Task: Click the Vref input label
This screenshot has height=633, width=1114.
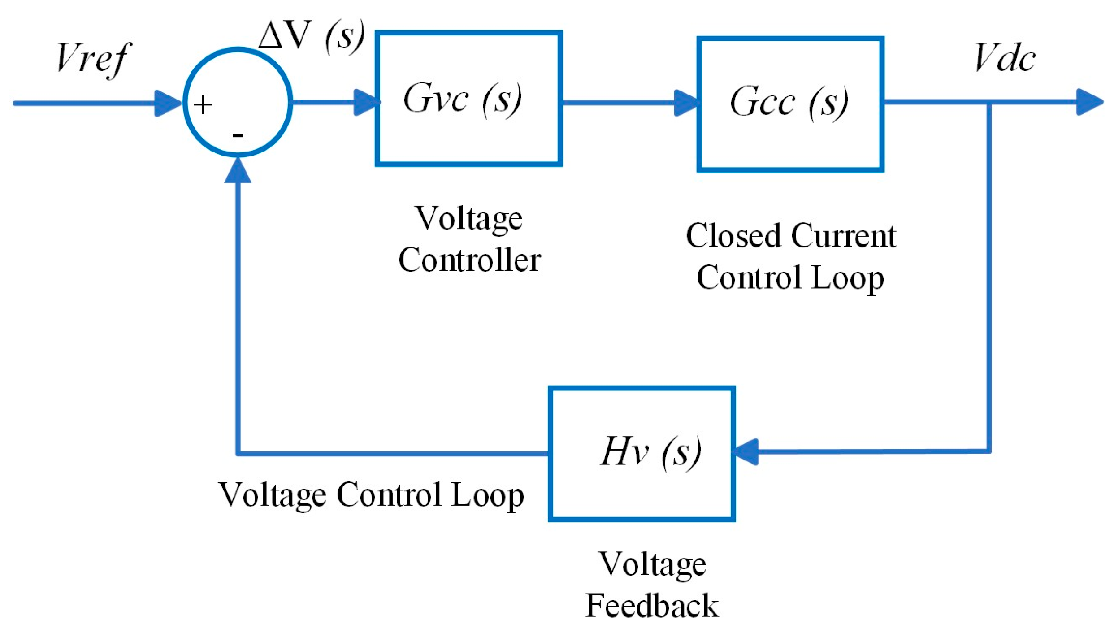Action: point(93,58)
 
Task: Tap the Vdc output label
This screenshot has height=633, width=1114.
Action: point(1004,58)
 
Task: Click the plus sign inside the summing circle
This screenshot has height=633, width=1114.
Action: point(203,105)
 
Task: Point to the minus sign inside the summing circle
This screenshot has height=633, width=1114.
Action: point(238,135)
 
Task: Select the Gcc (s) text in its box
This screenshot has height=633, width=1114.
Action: point(789,102)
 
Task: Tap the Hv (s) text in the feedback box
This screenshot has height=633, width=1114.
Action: point(650,452)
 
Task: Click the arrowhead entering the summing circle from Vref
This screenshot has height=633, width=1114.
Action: point(168,104)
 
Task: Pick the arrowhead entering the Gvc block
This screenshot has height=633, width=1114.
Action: point(367,102)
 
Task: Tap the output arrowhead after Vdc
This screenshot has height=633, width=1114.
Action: point(1089,102)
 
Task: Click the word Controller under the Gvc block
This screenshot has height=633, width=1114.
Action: point(469,260)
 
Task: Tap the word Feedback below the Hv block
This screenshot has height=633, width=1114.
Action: point(652,606)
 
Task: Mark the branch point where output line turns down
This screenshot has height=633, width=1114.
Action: point(989,103)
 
